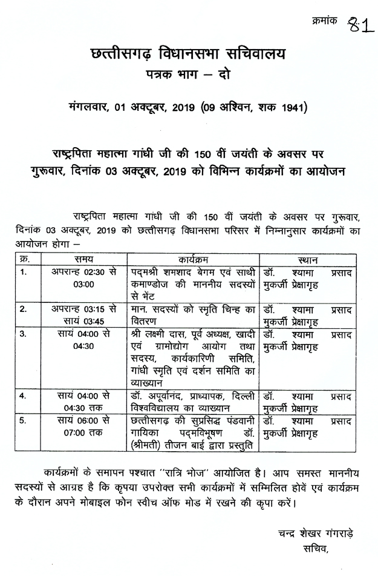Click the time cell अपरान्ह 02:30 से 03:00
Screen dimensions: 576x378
click(x=84, y=278)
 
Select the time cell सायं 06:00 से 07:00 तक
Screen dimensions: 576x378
click(x=84, y=426)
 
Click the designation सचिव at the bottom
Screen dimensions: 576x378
click(x=316, y=550)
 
